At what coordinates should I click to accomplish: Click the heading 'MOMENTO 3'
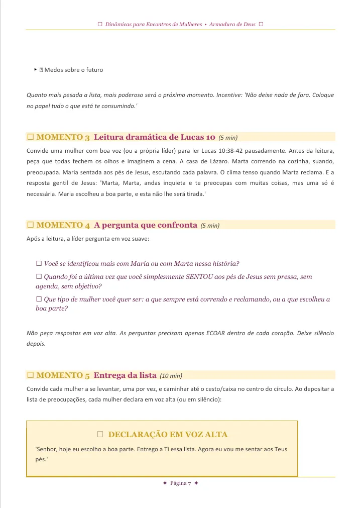(63, 137)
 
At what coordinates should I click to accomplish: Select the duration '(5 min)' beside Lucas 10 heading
(228, 138)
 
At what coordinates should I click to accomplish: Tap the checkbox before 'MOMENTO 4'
(30, 225)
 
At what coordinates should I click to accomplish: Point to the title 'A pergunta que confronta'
(145, 225)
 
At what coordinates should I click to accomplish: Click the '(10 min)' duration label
(171, 375)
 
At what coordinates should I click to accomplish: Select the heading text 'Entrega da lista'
(125, 375)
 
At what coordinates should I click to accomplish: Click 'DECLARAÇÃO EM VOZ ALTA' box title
(168, 434)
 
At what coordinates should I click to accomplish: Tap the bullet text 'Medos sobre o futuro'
(74, 70)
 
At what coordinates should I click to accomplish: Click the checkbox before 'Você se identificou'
(39, 263)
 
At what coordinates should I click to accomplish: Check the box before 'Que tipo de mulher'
(39, 299)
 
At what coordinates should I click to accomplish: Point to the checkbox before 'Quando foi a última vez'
(39, 277)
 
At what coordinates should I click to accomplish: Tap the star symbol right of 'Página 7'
(196, 483)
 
